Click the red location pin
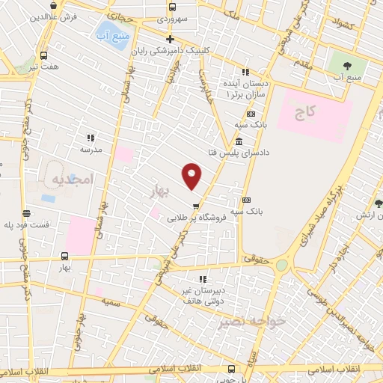192,176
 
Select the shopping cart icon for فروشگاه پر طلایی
196,206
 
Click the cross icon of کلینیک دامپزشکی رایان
170,39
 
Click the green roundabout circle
281,266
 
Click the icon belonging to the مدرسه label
91,138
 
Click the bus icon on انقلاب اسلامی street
230,369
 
